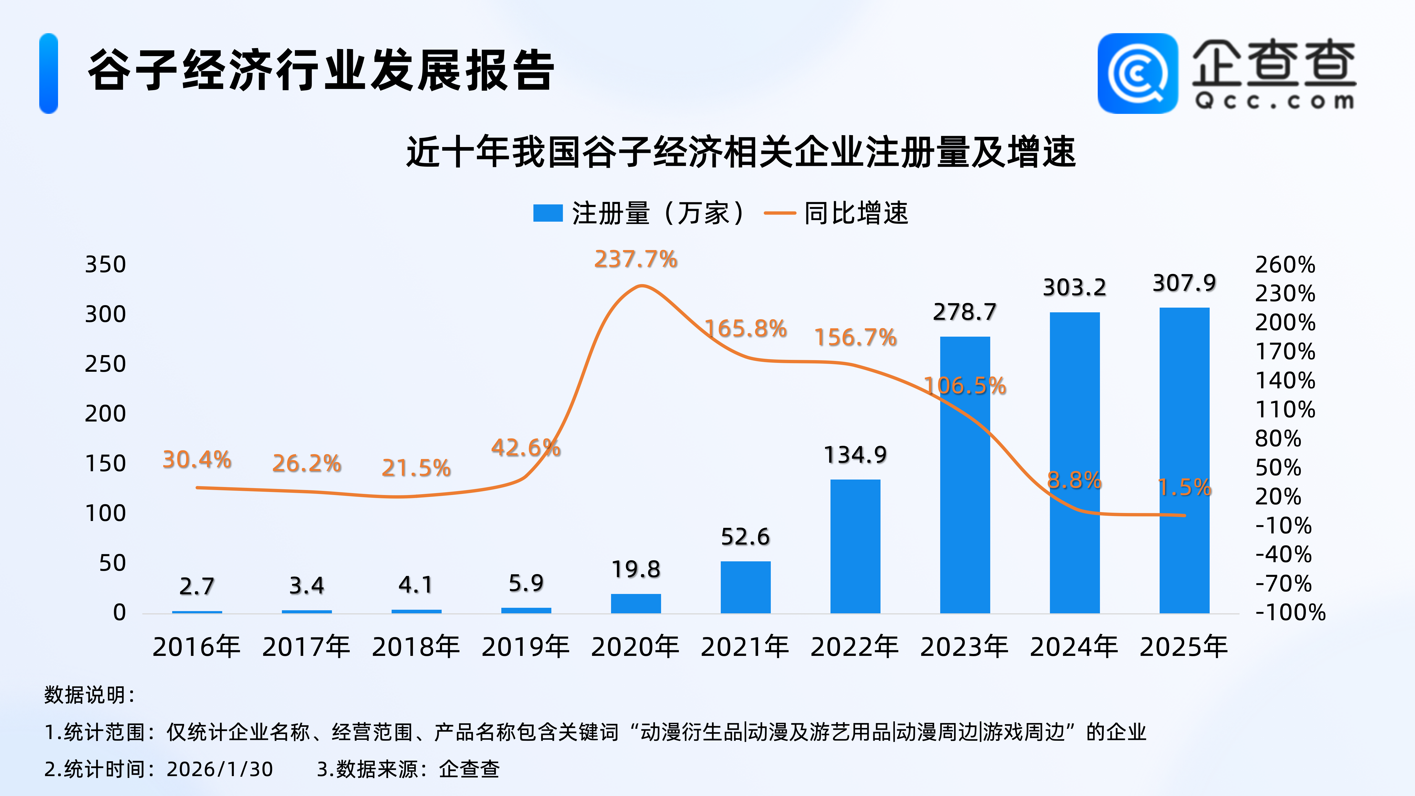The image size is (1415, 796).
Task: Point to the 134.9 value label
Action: (x=855, y=455)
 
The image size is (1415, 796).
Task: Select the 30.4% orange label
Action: (x=197, y=460)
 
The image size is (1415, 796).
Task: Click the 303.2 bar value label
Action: (x=1075, y=287)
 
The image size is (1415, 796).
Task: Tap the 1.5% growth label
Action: (x=1184, y=487)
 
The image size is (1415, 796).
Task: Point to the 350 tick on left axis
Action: (x=106, y=265)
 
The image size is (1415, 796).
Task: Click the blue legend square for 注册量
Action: (x=548, y=213)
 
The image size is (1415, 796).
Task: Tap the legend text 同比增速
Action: (x=856, y=213)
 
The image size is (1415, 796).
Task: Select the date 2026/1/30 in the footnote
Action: (x=220, y=769)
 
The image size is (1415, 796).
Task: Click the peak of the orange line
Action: (x=641, y=286)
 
